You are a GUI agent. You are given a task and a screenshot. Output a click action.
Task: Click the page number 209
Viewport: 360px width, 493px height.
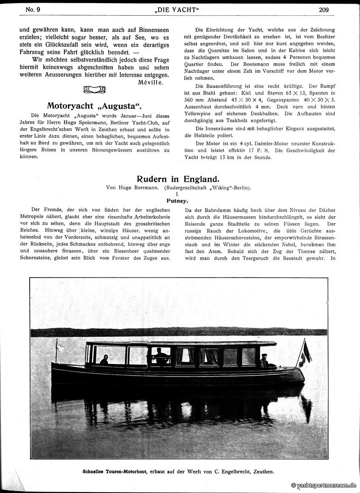coord(324,9)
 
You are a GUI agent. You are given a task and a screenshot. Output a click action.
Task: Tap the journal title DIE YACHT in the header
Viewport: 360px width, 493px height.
coord(180,9)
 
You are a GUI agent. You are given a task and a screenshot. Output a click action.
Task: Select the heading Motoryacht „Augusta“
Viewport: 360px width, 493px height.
coord(94,106)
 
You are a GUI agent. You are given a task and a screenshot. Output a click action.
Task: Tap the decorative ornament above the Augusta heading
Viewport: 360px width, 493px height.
coord(94,90)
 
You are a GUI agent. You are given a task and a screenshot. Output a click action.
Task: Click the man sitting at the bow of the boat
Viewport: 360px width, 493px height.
coord(104,360)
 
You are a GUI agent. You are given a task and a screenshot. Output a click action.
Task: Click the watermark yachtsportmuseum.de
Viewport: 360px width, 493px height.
coord(324,485)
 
